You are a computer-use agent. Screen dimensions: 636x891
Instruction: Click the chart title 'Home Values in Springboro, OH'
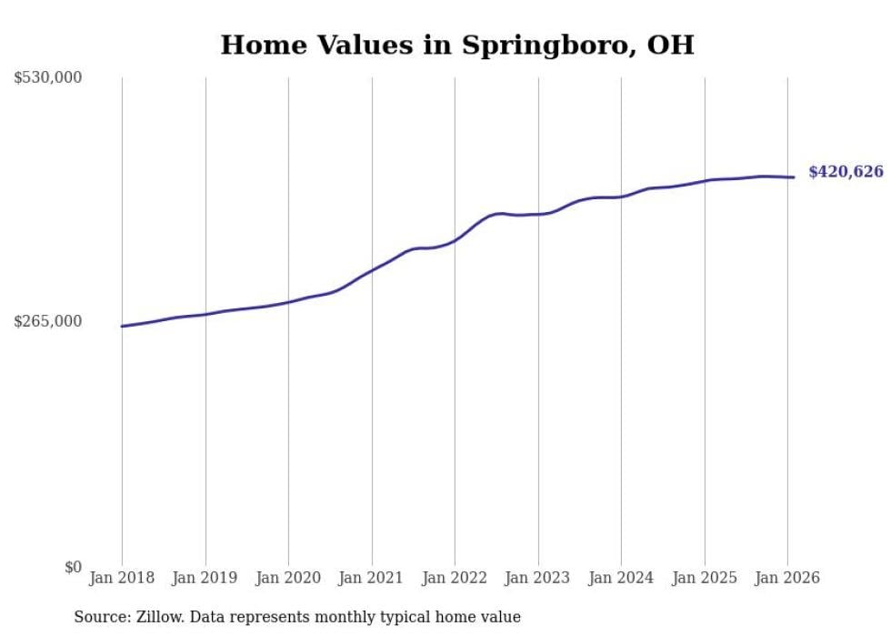456,45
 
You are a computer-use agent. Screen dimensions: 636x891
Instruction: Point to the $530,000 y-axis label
48,78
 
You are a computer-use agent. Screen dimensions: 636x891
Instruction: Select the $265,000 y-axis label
48,321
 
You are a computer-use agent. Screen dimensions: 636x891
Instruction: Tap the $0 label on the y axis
73,567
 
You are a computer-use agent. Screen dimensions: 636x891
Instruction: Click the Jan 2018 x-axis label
122,578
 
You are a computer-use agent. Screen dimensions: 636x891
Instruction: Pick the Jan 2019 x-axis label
205,578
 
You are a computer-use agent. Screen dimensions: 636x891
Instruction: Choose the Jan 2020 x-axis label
288,578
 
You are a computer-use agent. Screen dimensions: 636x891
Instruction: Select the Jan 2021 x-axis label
372,578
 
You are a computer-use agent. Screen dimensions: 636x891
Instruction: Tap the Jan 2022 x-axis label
455,578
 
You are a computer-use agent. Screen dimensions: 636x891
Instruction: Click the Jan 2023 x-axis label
538,578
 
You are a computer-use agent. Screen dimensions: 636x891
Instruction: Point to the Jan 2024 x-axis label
621,578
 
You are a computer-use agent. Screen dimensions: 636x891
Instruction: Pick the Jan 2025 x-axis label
705,578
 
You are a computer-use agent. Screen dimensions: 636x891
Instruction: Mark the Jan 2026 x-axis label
787,578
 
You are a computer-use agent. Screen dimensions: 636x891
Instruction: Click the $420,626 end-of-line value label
846,172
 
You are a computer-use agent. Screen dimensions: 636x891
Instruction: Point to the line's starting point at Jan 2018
122,326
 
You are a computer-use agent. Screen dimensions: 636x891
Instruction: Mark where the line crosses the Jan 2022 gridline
455,240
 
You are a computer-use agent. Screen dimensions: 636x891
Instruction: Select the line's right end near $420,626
795,177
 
